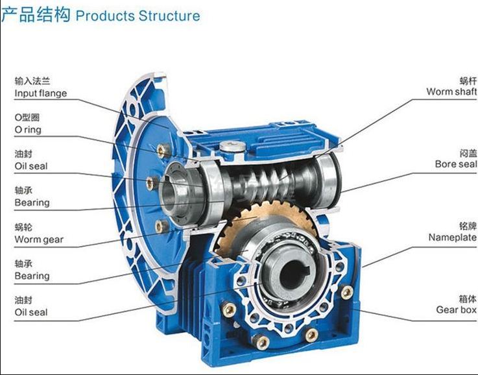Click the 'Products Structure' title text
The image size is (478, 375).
(x=137, y=16)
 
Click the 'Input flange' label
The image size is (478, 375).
(x=41, y=93)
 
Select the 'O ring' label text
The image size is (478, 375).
(x=28, y=130)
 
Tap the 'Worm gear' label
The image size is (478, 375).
(x=39, y=239)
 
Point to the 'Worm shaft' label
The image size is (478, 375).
(x=451, y=91)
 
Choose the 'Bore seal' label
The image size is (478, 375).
(x=456, y=164)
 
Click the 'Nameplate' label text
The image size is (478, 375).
(x=453, y=237)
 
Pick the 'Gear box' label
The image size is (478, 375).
(x=456, y=309)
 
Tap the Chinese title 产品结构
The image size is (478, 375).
(x=36, y=15)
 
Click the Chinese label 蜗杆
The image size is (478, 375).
(x=468, y=81)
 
